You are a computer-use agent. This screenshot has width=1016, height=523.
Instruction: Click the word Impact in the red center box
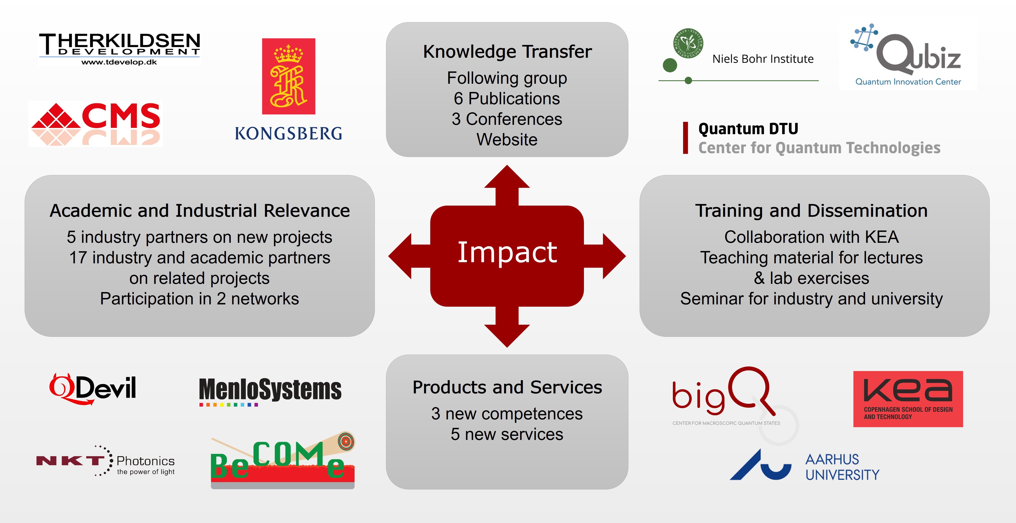tap(507, 253)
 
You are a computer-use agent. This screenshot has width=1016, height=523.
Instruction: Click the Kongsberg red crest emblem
tap(289, 76)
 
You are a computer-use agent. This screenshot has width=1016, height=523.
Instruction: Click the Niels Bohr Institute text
tap(763, 59)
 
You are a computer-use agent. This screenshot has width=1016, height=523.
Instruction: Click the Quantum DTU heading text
tap(748, 129)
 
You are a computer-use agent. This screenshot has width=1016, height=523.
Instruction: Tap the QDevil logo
tap(93, 389)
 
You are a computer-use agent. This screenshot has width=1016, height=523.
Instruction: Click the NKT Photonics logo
tap(105, 461)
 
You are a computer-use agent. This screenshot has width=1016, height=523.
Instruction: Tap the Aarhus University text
tap(842, 467)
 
